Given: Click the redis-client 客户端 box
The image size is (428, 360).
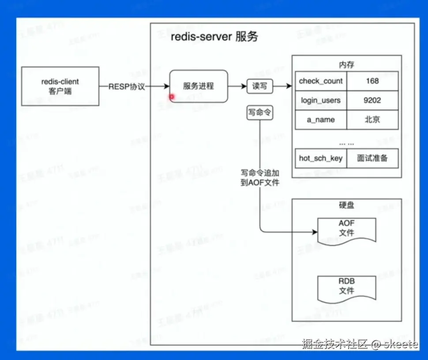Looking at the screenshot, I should [x=60, y=86].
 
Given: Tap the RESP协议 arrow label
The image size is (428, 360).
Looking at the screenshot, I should [x=127, y=86].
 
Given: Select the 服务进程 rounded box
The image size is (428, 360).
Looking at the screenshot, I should [x=199, y=86].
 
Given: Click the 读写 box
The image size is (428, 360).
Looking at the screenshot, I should [x=260, y=86].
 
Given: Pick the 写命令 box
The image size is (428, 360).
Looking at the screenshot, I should [x=259, y=113].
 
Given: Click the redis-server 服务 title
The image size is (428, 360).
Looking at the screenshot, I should [x=214, y=37].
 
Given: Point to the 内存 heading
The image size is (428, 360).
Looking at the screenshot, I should [x=346, y=65].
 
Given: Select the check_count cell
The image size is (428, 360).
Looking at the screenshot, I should [x=321, y=81].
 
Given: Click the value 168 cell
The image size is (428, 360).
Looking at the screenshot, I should [x=372, y=81].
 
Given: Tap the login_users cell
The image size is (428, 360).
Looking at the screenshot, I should [x=321, y=101].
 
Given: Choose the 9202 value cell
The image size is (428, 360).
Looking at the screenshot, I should [x=372, y=101].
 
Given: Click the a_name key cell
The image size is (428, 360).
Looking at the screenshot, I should [x=321, y=120].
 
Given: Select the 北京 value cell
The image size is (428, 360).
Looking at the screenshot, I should [x=372, y=120].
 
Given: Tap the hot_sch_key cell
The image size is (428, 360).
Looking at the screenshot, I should [x=321, y=158].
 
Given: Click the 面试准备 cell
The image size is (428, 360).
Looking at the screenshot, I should [x=372, y=158].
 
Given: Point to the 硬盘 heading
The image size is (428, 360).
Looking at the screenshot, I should [x=346, y=206].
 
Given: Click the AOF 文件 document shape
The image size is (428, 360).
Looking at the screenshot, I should [x=347, y=229].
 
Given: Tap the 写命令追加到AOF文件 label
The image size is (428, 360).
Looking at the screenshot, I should [x=260, y=177].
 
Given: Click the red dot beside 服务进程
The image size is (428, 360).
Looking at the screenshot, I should [x=172, y=97].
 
